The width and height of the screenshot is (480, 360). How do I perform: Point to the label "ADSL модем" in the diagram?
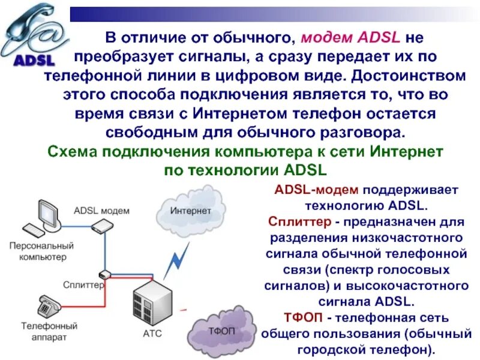(x=101, y=211)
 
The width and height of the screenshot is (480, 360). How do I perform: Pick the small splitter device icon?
(x=105, y=274)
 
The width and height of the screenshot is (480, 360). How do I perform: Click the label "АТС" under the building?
(x=152, y=334)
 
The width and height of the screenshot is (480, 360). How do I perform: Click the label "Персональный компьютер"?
(x=41, y=251)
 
